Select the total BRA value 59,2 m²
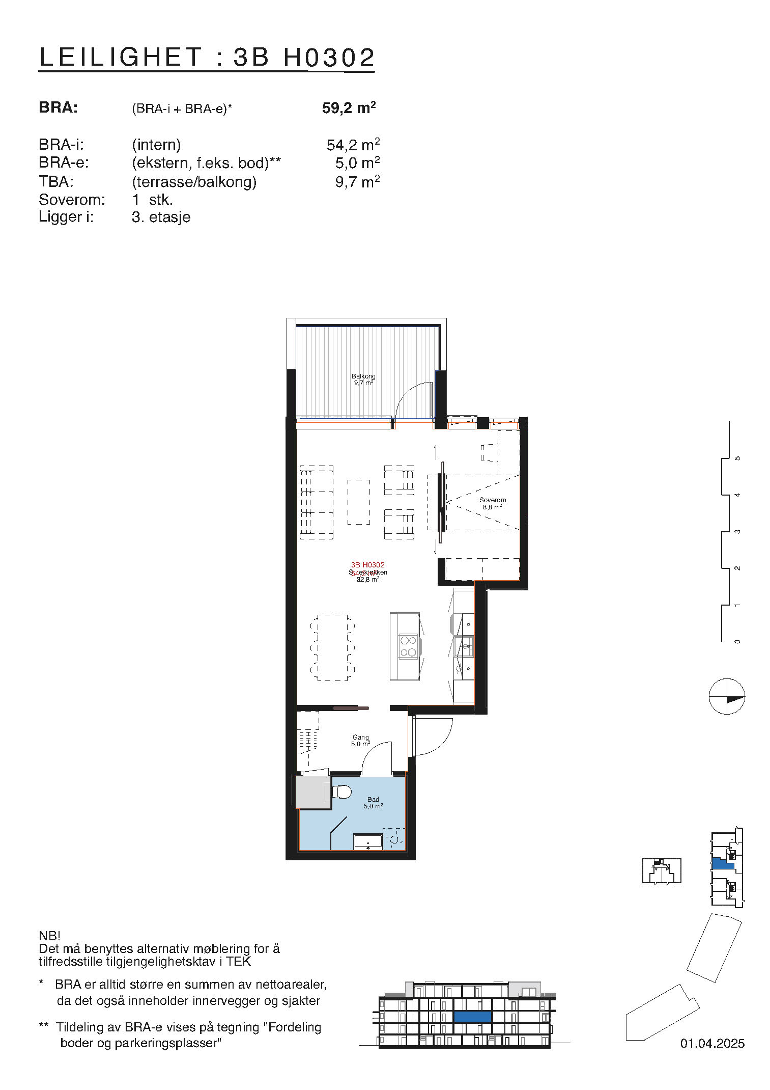tap(349, 108)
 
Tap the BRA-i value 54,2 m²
tap(353, 145)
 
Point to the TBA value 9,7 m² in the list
tap(357, 182)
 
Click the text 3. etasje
tap(161, 217)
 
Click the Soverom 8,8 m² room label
tap(492, 503)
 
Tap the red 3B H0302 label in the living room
tap(367, 564)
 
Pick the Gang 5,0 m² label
tap(360, 740)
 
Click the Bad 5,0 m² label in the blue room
tap(373, 803)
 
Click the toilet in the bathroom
tap(341, 792)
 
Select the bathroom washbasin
tap(368, 842)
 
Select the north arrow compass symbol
tap(727, 696)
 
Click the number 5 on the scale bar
tap(737, 458)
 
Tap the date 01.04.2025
tap(712, 1043)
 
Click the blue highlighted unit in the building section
tap(472, 1016)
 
